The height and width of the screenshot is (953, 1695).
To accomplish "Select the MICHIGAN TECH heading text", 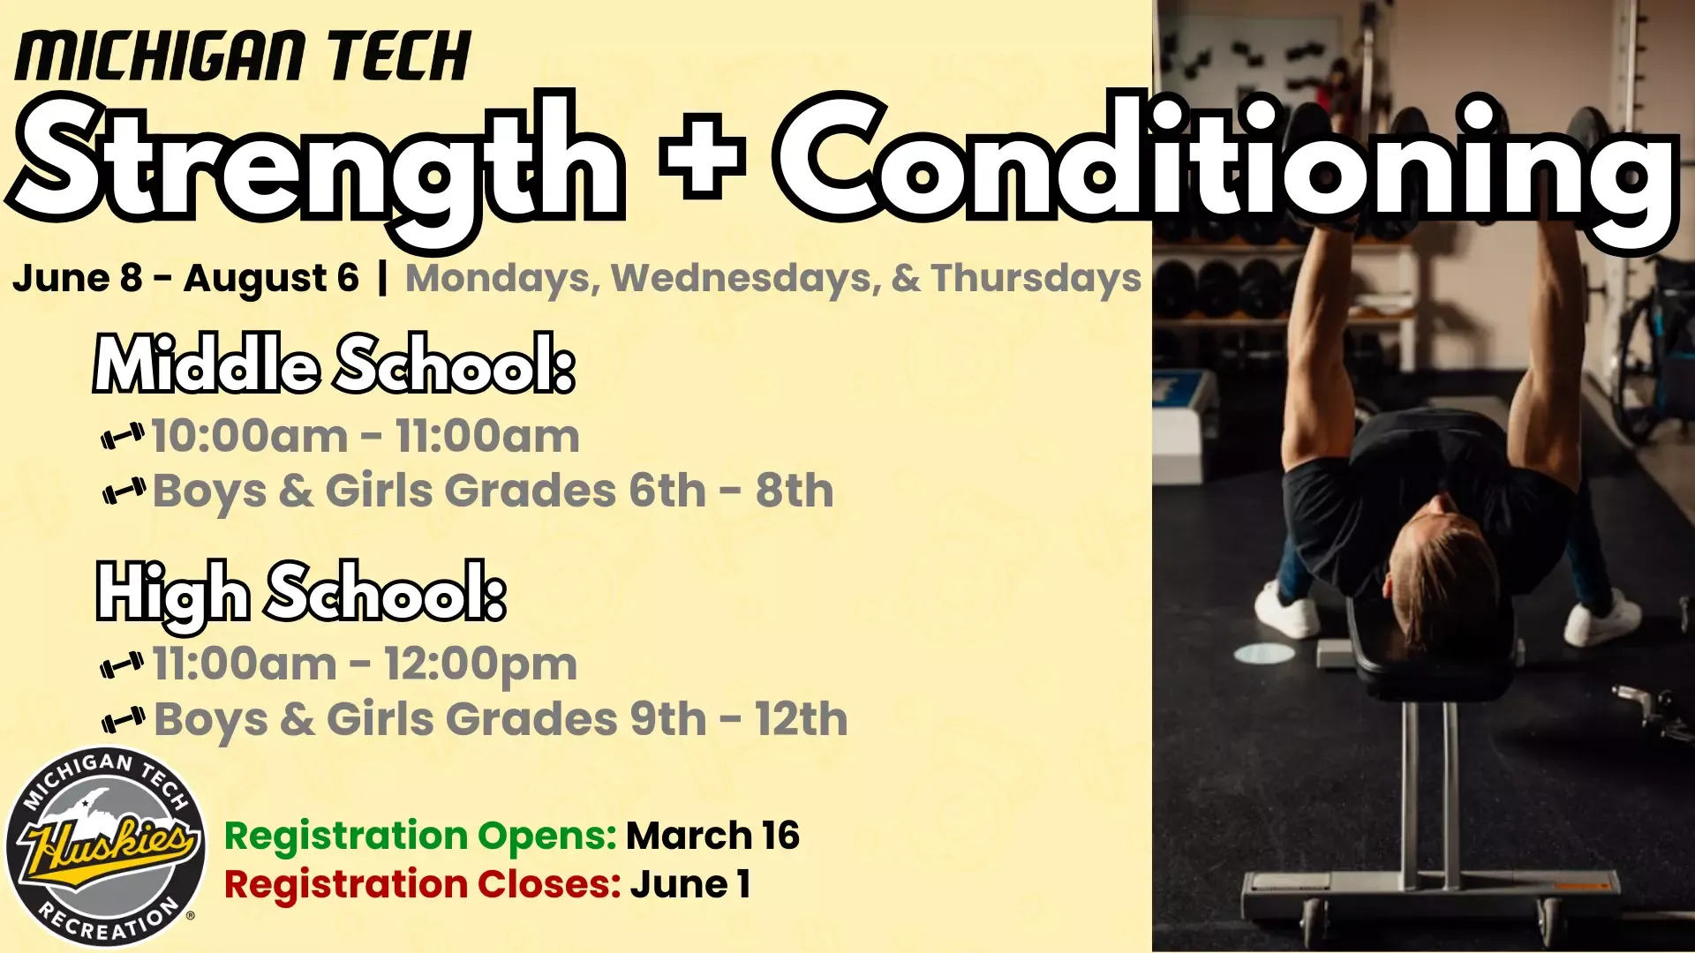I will point(243,56).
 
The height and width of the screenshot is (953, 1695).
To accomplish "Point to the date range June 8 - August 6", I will point(185,279).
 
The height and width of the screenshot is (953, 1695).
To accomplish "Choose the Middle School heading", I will point(335,364).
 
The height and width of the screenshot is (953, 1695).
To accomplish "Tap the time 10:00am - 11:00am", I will point(365,436).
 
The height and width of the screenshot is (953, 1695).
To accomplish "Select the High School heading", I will point(301,593).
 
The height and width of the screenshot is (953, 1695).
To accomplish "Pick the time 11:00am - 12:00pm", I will point(365,664).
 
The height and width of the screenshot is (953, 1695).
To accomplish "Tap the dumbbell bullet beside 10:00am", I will point(123,436).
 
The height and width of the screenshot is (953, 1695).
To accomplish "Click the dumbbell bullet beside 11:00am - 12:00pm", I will point(123,665).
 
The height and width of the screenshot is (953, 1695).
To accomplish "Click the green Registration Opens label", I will point(420,836).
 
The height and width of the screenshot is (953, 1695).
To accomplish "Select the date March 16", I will point(712,836).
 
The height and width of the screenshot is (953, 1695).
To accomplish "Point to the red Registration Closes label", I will point(422,884).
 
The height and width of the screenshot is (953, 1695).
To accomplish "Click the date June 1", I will point(689,884).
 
